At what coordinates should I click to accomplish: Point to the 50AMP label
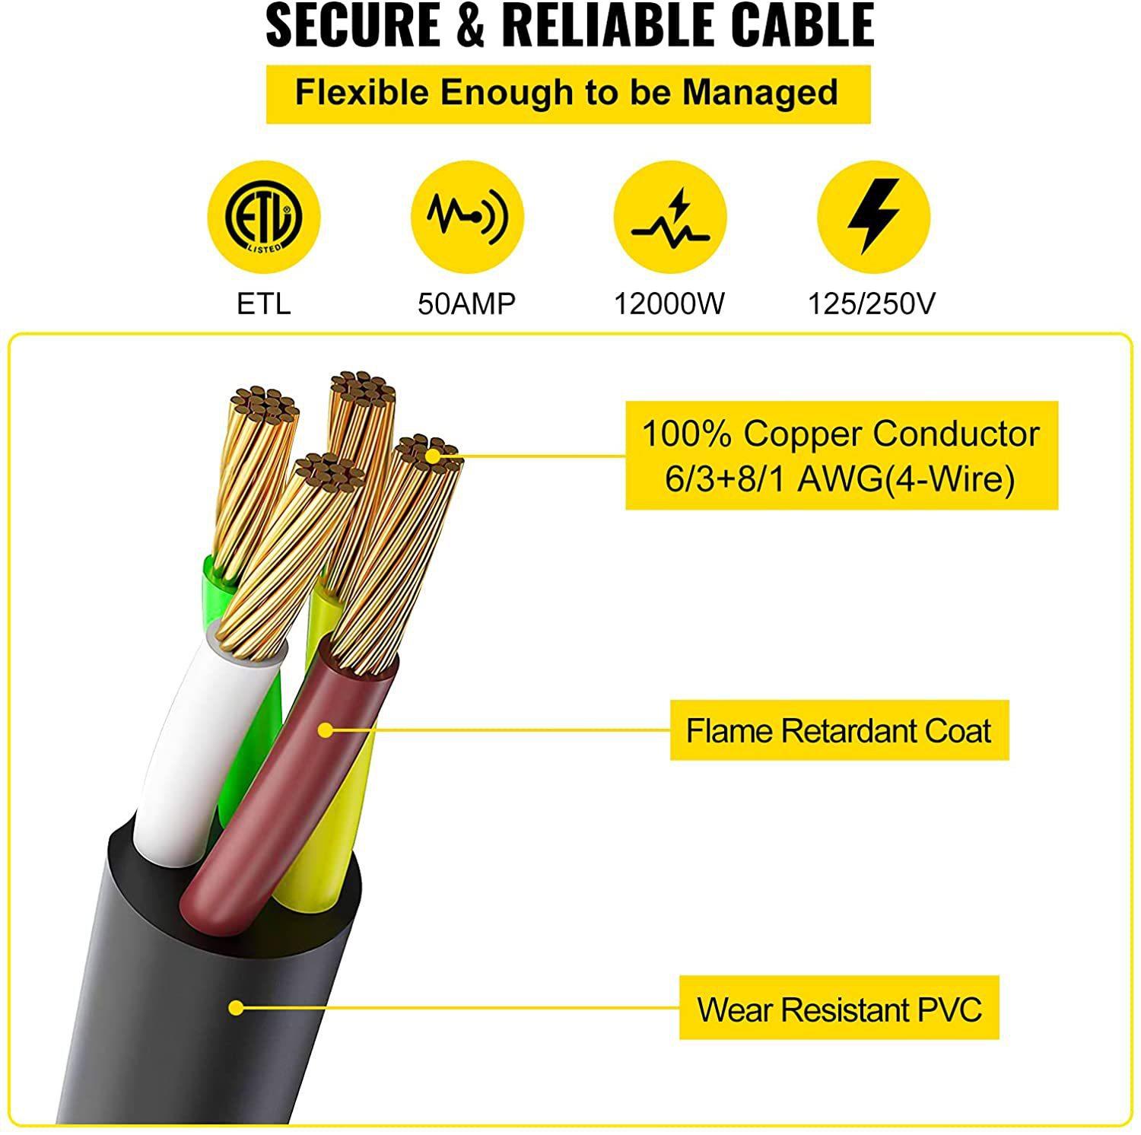click(x=466, y=304)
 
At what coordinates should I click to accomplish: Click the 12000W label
click(x=669, y=304)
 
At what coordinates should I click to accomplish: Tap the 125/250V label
click(x=872, y=304)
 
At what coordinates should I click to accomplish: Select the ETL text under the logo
click(x=264, y=304)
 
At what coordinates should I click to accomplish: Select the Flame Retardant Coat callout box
click(x=839, y=730)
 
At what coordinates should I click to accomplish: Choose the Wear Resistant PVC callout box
click(x=839, y=1009)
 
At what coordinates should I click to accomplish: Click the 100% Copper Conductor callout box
click(x=841, y=456)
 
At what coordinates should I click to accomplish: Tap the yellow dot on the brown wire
click(x=326, y=730)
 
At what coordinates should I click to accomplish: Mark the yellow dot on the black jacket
click(x=237, y=1008)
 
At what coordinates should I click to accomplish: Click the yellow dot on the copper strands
click(x=433, y=456)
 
